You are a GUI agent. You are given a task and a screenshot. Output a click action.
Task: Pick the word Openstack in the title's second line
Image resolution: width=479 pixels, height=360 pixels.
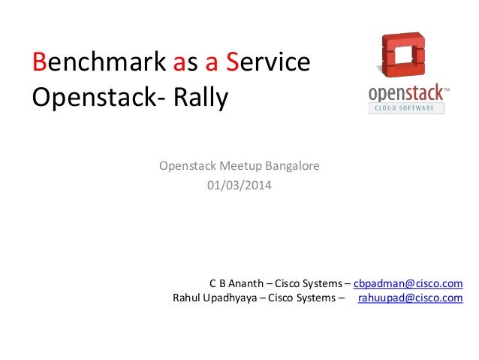[x=89, y=98]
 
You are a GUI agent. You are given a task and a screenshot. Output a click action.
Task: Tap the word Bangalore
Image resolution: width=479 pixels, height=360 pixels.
[x=292, y=165]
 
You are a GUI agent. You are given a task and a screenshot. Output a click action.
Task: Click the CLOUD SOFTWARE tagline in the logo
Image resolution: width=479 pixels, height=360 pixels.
[x=406, y=108]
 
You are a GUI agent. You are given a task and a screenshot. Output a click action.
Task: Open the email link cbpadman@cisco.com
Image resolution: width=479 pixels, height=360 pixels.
[x=408, y=283]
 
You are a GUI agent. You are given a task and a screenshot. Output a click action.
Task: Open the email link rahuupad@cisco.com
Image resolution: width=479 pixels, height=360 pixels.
[x=410, y=298]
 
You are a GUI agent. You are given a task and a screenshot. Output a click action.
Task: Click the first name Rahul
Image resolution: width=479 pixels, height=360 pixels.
[x=187, y=298]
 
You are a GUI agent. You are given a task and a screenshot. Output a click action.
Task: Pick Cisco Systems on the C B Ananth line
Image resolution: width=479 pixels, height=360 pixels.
[x=306, y=283]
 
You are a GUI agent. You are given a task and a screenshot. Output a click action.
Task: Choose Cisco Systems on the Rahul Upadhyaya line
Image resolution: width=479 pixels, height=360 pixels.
[x=300, y=298]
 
